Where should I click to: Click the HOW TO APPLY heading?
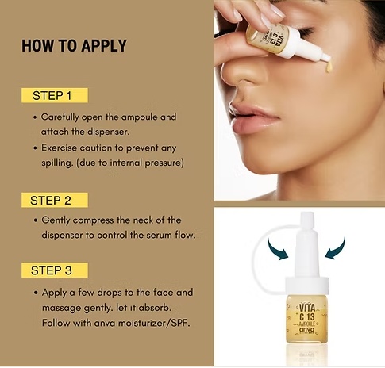coord(74,46)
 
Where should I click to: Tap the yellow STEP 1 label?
coord(55,95)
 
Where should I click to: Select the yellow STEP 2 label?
coord(55,200)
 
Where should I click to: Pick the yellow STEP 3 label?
coord(55,270)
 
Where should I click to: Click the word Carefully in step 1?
coord(60,117)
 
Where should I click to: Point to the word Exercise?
coord(59,148)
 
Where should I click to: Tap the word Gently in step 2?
coord(56,220)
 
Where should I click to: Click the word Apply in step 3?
coord(54,293)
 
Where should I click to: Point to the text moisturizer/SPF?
coord(154,323)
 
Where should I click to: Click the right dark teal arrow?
coord(335,248)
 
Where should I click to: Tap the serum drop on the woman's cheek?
coord(329,67)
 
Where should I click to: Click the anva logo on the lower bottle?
coord(307,329)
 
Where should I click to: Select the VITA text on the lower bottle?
coord(307,308)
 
